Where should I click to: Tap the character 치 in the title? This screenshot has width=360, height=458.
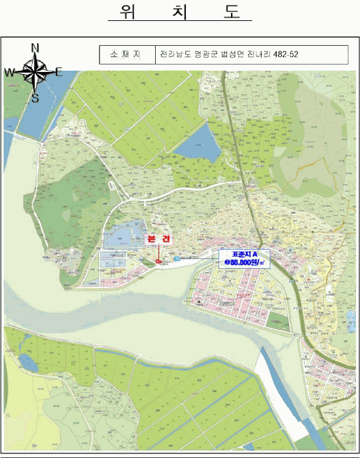[180, 12]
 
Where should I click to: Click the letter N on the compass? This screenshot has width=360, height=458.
[35, 47]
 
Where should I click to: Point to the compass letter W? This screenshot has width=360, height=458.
[10, 73]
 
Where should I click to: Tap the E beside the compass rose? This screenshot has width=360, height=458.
[58, 72]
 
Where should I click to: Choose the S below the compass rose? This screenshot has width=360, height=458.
[35, 99]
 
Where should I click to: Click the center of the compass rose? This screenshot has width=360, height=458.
[35, 72]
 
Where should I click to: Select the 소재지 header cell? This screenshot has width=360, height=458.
[127, 54]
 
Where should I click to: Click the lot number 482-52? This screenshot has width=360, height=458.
[289, 54]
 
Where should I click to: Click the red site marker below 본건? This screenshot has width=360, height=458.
[159, 262]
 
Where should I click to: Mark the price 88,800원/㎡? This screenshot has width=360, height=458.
[245, 262]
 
